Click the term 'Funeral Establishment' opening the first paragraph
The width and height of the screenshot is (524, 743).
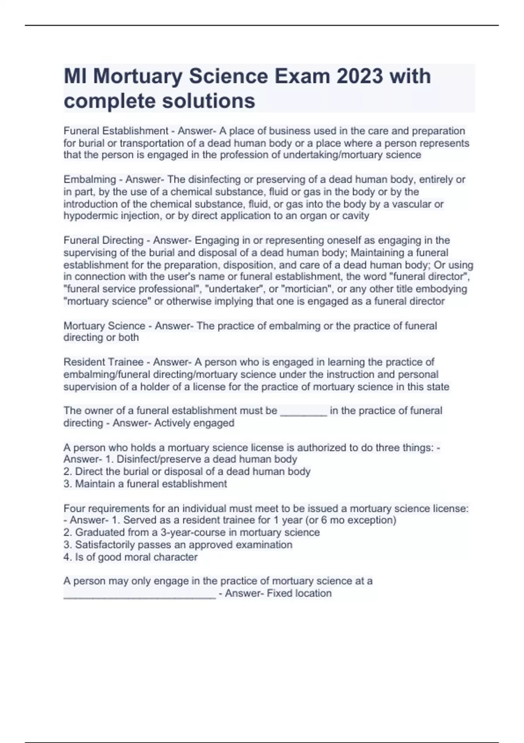tap(116, 131)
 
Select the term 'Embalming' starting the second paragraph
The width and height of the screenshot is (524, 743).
tap(90, 179)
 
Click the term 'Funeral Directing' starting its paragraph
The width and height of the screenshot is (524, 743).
tap(103, 240)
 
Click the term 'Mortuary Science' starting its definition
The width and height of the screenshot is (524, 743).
tap(104, 326)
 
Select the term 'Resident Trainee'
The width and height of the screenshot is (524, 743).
tap(103, 362)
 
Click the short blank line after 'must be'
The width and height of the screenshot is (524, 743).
tap(303, 412)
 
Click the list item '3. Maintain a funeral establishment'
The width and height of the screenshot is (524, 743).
tap(145, 483)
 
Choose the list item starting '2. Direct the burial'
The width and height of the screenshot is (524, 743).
tap(187, 471)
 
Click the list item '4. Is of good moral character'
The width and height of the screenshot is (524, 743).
tap(131, 557)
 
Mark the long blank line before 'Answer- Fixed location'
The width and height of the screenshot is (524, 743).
tap(139, 595)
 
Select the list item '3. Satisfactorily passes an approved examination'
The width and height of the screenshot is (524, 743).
tap(178, 545)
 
